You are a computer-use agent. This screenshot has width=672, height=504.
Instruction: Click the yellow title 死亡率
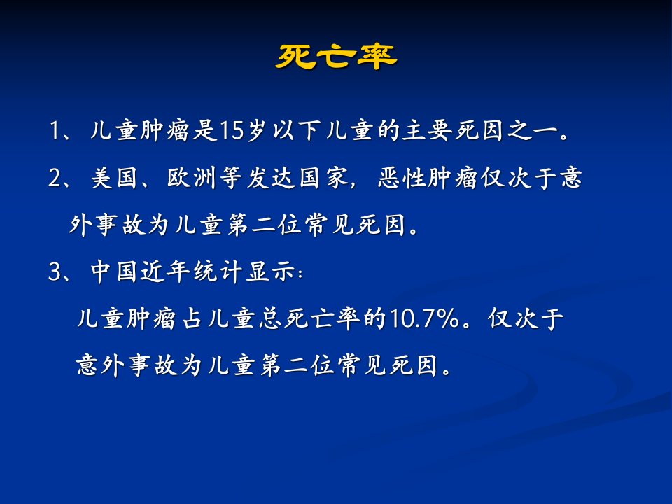tap(337, 57)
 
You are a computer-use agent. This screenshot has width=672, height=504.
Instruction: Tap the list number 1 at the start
tap(55, 130)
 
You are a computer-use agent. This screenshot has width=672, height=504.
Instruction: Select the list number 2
tap(55, 177)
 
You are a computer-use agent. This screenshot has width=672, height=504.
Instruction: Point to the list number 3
tap(55, 272)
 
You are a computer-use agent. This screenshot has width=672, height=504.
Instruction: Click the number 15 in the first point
tap(232, 130)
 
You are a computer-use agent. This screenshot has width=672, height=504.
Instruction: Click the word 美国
tap(114, 177)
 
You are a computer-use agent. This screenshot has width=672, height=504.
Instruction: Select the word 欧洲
tap(191, 177)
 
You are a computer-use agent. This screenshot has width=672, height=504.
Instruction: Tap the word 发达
tap(272, 177)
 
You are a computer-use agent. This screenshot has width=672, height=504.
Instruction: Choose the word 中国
tap(114, 272)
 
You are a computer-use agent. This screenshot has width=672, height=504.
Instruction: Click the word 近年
tap(165, 272)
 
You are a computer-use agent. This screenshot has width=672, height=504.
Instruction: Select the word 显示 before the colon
tap(270, 272)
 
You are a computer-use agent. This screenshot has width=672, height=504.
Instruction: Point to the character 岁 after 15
tap(257, 130)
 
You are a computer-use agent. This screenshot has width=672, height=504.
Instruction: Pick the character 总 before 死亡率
tap(270, 319)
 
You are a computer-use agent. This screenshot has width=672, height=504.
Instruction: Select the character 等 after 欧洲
tap(232, 177)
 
